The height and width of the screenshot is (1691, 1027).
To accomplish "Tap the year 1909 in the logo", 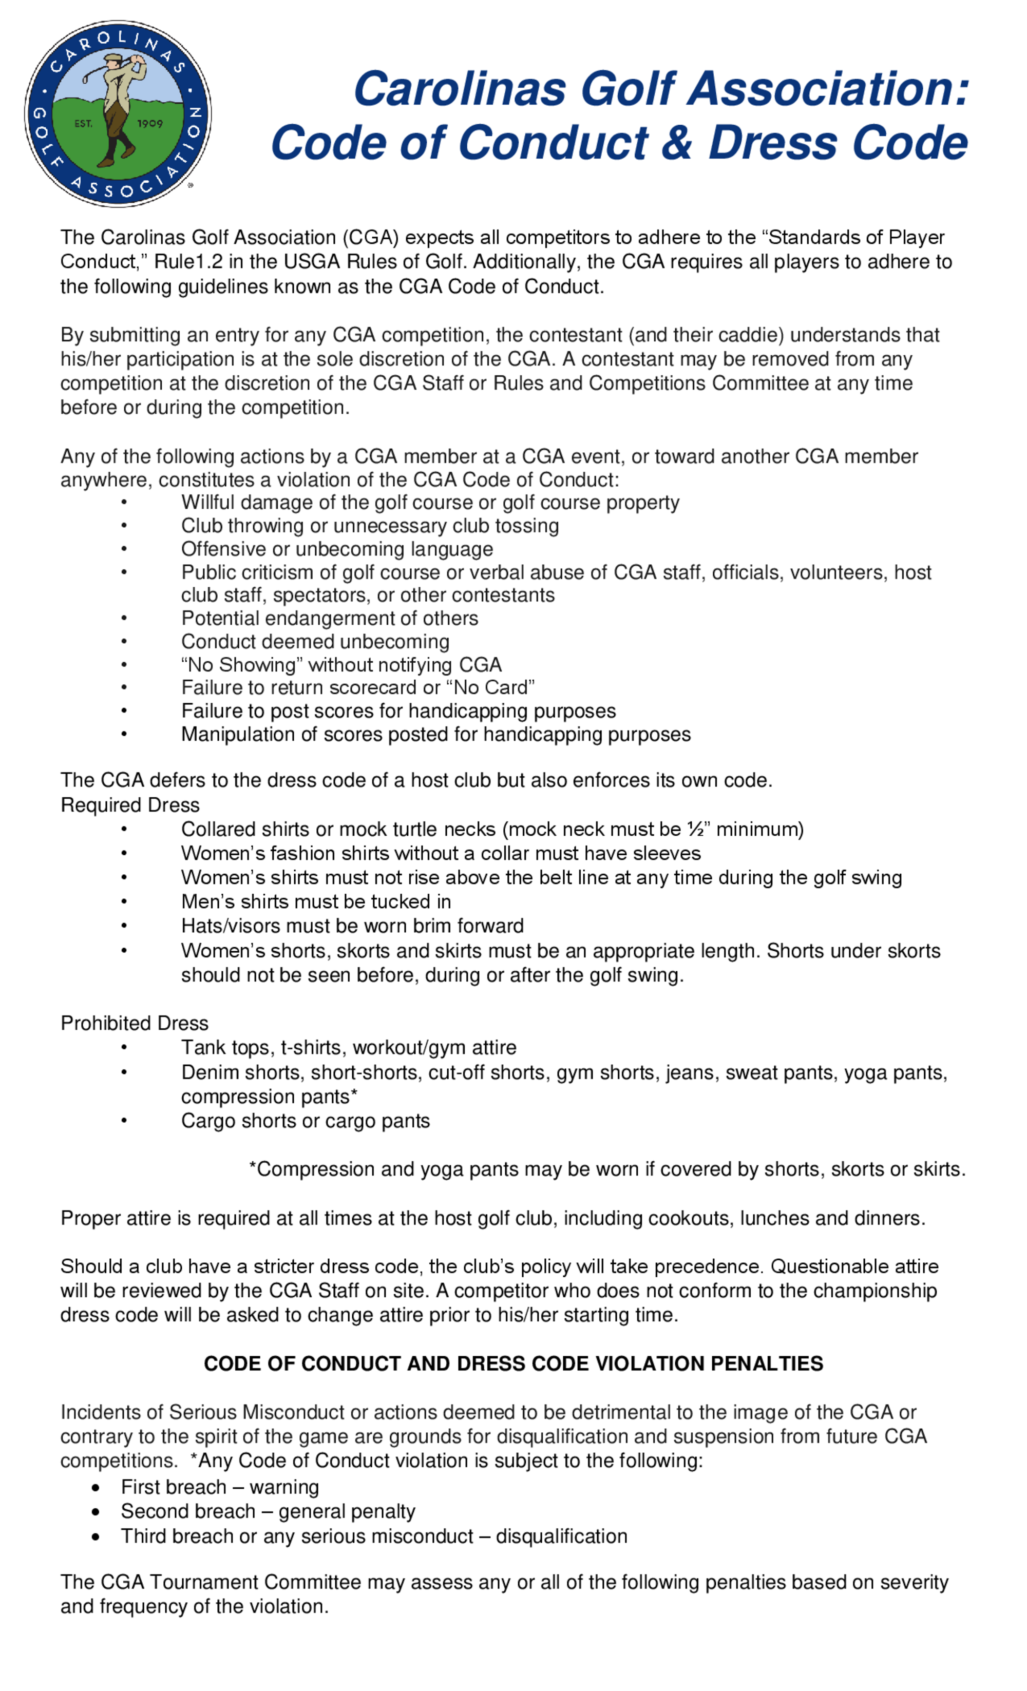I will (x=149, y=124).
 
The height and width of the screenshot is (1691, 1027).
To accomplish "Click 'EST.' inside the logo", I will (x=83, y=124).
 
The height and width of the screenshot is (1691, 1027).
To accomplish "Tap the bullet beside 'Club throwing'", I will (x=124, y=526).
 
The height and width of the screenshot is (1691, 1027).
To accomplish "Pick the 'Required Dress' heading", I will (x=130, y=805).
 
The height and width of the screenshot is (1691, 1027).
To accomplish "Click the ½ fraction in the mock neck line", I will (x=695, y=830).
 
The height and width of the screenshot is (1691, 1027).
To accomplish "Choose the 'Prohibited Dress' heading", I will (x=135, y=1023).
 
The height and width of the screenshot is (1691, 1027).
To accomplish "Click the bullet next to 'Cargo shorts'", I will (x=124, y=1121).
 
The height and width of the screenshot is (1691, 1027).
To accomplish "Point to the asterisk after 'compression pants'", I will (x=354, y=1096).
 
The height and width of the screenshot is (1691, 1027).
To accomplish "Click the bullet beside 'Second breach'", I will (x=96, y=1512).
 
